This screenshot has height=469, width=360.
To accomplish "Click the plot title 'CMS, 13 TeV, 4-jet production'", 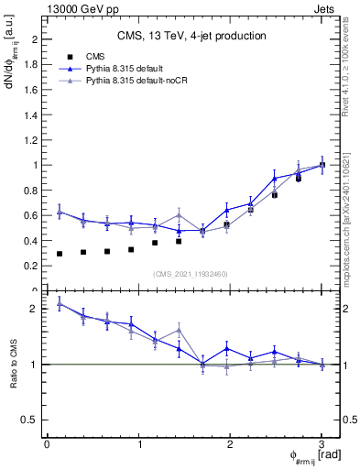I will (191, 37).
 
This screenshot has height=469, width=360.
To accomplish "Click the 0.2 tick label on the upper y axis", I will (29, 266).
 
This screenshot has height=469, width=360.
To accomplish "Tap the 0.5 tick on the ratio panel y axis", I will (29, 420).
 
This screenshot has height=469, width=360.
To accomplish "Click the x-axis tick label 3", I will (322, 444).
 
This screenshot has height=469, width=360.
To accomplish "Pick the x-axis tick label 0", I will (47, 444).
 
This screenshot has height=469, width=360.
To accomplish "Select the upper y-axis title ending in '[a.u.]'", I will (13, 69).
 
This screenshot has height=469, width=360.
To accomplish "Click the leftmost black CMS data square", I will (60, 254).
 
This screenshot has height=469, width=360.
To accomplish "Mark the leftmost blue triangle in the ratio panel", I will (60, 303).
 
